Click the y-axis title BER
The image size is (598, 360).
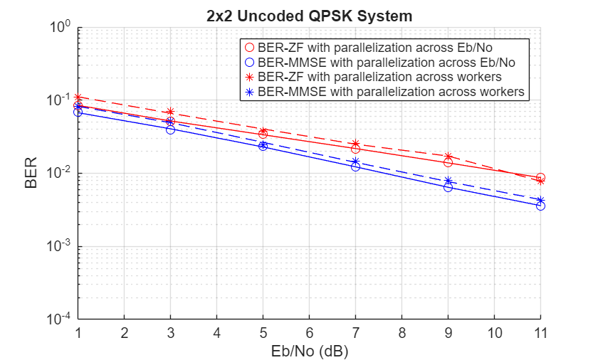[x=31, y=174]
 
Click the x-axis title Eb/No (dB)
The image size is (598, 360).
[x=309, y=351]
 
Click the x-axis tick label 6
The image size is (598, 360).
[x=309, y=333]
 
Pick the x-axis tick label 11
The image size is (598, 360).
[x=540, y=333]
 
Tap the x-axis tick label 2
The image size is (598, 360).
[x=124, y=333]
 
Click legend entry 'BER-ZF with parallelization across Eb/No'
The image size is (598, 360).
[x=385, y=47]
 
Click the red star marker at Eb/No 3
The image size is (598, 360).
[x=170, y=112]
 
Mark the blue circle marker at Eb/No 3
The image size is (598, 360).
[x=170, y=129]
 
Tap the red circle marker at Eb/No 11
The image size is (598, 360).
[x=540, y=178]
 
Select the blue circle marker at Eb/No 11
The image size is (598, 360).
[x=540, y=206]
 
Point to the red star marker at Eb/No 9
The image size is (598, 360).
[x=448, y=156]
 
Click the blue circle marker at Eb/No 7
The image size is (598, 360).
[x=355, y=166]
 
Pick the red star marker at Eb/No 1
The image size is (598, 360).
[x=78, y=97]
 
